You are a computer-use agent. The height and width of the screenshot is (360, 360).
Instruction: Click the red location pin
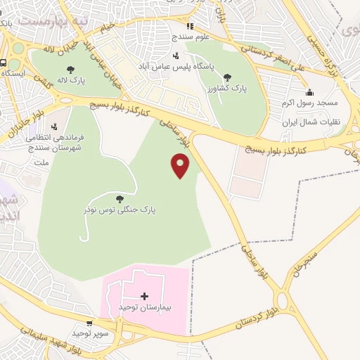181,165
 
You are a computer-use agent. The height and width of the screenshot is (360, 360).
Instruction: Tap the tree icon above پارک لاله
71,69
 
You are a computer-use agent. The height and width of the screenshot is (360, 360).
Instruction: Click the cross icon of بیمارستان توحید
145,297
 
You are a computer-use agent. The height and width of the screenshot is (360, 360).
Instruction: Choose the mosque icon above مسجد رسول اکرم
309,92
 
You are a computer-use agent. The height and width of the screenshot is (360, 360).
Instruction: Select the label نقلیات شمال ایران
310,122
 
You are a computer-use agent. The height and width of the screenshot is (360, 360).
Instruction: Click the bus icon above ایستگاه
3,62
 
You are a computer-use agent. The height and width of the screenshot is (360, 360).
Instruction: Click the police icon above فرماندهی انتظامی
54,127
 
